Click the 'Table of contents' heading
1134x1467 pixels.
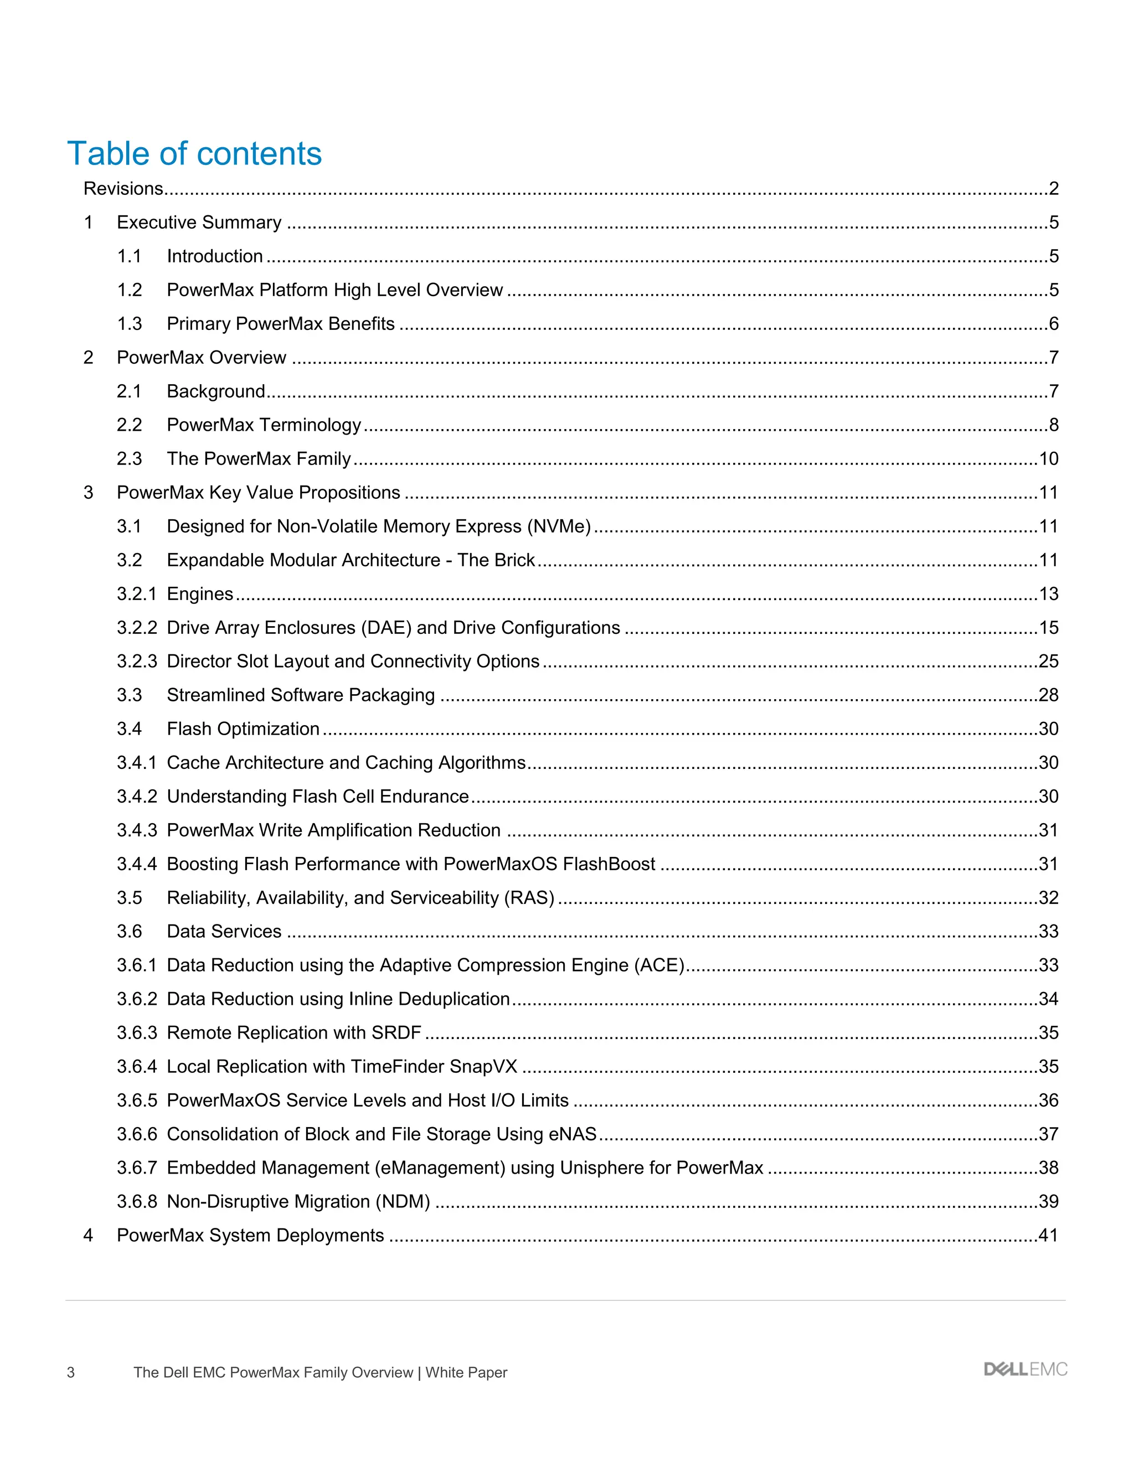[194, 154]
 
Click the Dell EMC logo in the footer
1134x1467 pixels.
[1025, 1370]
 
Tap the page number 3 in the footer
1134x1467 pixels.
[70, 1372]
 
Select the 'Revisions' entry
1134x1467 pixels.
[123, 189]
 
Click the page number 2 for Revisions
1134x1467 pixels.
[1053, 189]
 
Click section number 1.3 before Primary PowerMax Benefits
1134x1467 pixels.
[130, 324]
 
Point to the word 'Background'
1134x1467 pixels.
[215, 391]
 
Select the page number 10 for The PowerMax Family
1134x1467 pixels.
[1048, 459]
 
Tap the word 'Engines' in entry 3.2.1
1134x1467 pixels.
[199, 594]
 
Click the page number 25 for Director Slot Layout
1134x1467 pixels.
[1048, 661]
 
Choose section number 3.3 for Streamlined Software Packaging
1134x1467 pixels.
[130, 695]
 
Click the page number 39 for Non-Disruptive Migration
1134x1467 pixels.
[1048, 1201]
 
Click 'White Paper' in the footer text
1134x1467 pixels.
[466, 1372]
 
